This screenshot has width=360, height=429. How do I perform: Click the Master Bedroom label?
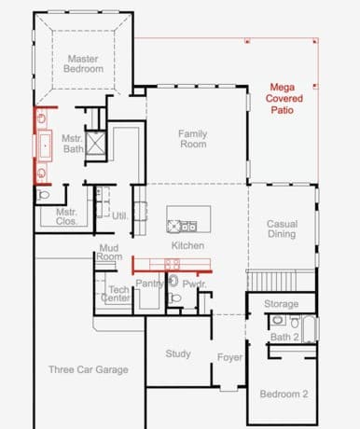[x=83, y=63]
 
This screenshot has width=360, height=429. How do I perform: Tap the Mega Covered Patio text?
[x=284, y=99]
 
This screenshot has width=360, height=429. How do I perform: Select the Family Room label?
[x=193, y=139]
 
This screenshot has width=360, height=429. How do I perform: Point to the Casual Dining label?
[x=283, y=228]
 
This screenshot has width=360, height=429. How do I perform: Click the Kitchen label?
[x=187, y=245]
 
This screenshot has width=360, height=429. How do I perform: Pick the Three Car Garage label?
[x=89, y=369]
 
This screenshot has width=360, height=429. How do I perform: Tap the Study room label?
[x=178, y=353]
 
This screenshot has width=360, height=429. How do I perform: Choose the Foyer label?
[x=229, y=357]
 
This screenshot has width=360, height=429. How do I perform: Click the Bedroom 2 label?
[x=284, y=394]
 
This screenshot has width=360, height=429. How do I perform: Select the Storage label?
[x=282, y=304]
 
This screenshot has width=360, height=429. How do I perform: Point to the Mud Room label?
[x=109, y=252]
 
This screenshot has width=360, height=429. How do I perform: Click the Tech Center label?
[x=116, y=294]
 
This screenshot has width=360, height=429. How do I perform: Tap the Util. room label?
[x=119, y=215]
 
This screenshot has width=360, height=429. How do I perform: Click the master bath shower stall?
[x=96, y=144]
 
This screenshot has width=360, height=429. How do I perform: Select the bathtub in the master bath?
[x=45, y=145]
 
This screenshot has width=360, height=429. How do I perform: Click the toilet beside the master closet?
[x=44, y=195]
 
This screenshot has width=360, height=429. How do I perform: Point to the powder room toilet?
[x=174, y=298]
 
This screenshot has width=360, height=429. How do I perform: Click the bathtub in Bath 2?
[x=310, y=329]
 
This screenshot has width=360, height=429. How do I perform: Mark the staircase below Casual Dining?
[x=272, y=281]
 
